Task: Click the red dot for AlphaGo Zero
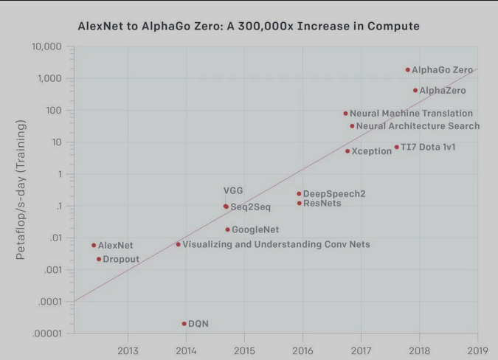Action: point(407,70)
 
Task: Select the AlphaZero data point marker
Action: point(415,91)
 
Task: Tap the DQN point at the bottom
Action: point(184,324)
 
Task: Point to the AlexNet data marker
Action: point(94,245)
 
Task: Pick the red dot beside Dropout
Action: point(99,259)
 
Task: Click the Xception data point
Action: point(347,151)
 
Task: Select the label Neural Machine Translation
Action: point(411,114)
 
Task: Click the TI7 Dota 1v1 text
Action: point(428,148)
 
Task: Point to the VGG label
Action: point(233,191)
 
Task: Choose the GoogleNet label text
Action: point(255,230)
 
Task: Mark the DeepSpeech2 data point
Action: point(299,194)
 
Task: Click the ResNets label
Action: point(322,203)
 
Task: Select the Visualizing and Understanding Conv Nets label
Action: point(276,244)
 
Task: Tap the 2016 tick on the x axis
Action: point(302,350)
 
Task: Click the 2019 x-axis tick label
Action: point(477,350)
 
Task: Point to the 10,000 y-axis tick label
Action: point(46,47)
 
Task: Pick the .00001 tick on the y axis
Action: point(48,334)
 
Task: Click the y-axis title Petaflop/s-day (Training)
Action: point(21,190)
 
